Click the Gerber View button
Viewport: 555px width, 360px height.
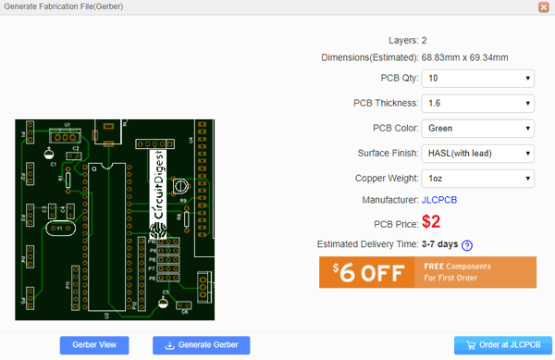(94, 345)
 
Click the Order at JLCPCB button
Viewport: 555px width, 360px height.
(496, 345)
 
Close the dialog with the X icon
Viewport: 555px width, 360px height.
(545, 7)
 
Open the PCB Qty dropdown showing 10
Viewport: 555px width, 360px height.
(478, 79)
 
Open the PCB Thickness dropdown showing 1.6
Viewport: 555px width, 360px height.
(478, 104)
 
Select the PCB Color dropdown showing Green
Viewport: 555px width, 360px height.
(478, 129)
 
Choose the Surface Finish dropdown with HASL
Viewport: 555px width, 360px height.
(478, 153)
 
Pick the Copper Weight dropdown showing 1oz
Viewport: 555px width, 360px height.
(478, 178)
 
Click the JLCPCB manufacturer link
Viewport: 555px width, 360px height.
(439, 200)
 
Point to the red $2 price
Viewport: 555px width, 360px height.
(431, 222)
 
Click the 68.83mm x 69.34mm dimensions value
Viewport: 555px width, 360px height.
(464, 57)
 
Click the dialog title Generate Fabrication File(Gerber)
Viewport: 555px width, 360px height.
(70, 7)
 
